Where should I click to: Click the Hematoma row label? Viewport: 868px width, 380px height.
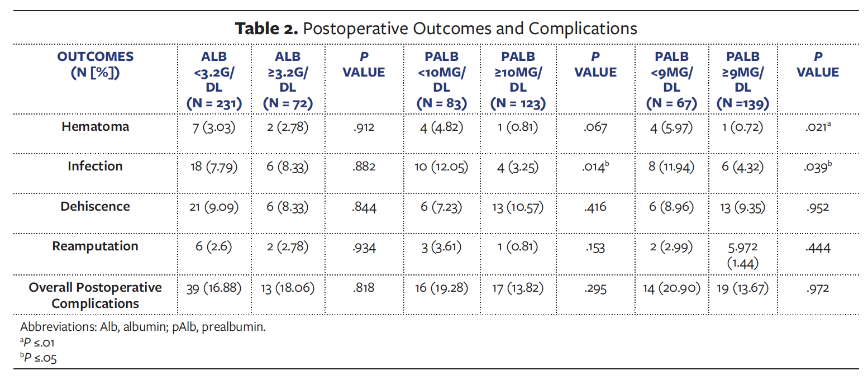pos(95,126)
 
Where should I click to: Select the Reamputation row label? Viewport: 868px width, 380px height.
pos(95,246)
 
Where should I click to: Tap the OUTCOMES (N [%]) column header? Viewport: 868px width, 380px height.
pos(96,64)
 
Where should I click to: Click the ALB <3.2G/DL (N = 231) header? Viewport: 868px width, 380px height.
pos(214,80)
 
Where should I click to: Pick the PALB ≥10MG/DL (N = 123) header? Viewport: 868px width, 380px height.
pos(518,80)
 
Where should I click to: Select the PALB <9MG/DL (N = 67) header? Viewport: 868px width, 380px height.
pos(671,80)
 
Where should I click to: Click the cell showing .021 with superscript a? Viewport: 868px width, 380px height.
pos(818,127)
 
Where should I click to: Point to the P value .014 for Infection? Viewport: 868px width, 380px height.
pos(595,167)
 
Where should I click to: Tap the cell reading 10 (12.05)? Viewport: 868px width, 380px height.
pos(441,167)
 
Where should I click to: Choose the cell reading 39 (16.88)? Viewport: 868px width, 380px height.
pos(214,288)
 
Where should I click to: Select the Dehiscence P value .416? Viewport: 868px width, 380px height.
pos(595,207)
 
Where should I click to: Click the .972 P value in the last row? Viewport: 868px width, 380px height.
pos(818,288)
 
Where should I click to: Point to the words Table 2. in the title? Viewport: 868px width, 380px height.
pos(266,28)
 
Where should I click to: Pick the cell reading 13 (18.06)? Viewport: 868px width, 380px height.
pos(288,288)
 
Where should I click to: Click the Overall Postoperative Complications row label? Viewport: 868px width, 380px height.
pos(95,296)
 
